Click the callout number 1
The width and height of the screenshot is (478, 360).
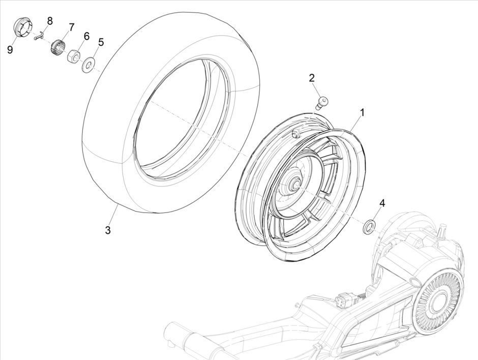363,112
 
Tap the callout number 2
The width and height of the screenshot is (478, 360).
312,78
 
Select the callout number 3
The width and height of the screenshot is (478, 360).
107,230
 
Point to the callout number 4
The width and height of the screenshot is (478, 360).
382,203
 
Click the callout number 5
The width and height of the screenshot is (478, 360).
101,42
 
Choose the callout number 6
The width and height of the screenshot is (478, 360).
86,36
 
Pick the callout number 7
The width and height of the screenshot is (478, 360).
71,26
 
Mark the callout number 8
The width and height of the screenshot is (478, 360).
50,21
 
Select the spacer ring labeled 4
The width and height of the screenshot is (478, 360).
369,225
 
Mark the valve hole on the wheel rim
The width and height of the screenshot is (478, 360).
294,133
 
